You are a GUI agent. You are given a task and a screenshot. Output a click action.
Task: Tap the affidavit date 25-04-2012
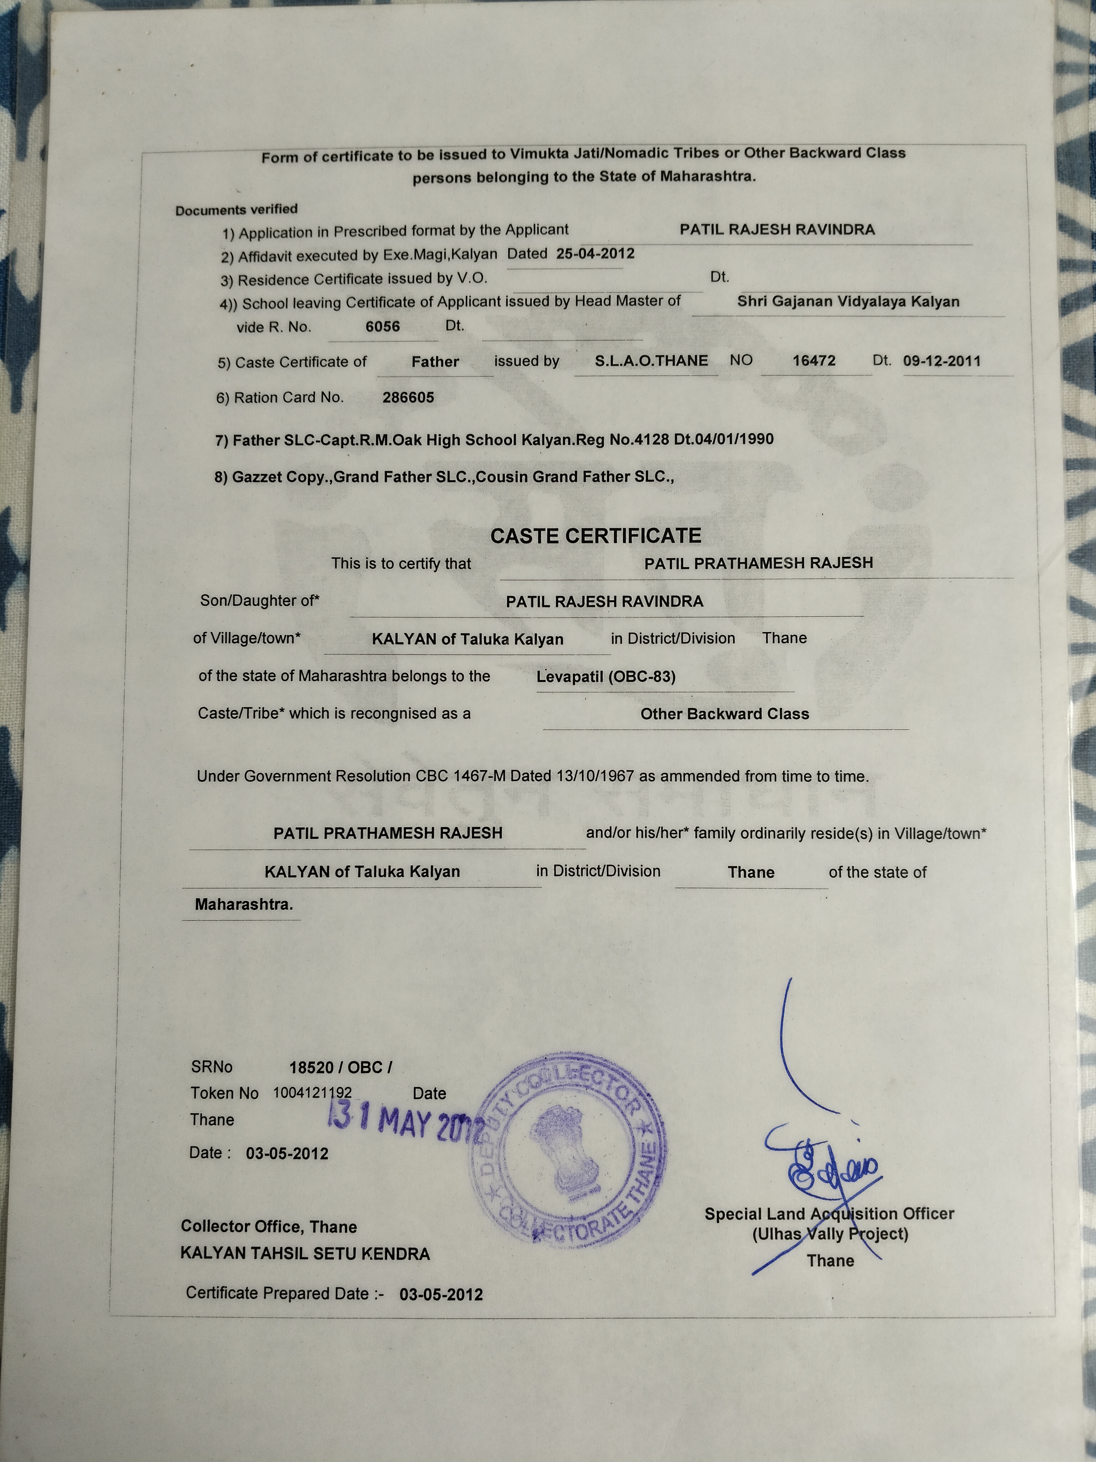click(x=595, y=254)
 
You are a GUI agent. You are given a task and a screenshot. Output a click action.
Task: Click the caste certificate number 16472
click(x=814, y=361)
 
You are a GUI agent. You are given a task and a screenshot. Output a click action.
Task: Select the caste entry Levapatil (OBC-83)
click(x=606, y=677)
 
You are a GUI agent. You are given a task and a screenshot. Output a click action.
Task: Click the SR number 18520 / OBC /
click(x=340, y=1068)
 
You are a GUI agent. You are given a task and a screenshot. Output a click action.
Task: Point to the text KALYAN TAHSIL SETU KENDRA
click(x=305, y=1254)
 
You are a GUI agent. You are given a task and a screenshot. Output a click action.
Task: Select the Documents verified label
click(x=237, y=210)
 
